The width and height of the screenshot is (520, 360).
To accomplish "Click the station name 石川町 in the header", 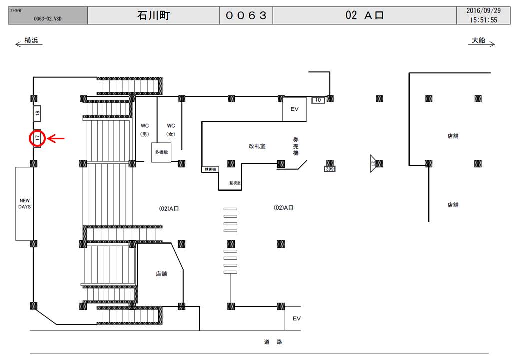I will [x=153, y=15].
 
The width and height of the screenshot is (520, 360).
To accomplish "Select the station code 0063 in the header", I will [x=246, y=15].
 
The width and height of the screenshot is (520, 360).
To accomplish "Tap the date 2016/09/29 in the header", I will [x=483, y=10].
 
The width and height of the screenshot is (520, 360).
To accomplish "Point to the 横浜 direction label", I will [x=31, y=41].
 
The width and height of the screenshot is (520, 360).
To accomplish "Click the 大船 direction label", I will [x=478, y=41].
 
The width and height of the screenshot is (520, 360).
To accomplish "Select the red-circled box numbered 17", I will [x=37, y=138].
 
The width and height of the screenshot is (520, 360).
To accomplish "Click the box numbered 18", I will [x=37, y=113].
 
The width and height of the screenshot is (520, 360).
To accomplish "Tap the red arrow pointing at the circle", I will [x=56, y=138].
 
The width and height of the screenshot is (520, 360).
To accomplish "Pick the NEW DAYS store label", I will [x=24, y=203].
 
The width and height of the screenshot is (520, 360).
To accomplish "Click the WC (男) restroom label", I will [x=145, y=130].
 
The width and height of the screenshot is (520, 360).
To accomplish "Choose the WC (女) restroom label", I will [x=171, y=130].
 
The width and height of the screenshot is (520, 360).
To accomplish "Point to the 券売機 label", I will [x=295, y=146].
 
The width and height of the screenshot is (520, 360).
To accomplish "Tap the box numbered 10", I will [x=318, y=100].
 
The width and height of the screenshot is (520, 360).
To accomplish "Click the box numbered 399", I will [x=329, y=169].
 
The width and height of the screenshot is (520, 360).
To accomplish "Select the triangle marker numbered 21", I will [x=373, y=163].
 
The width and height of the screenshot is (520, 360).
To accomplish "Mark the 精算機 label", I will [x=208, y=170].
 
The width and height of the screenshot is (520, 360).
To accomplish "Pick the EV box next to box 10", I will [x=294, y=109].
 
